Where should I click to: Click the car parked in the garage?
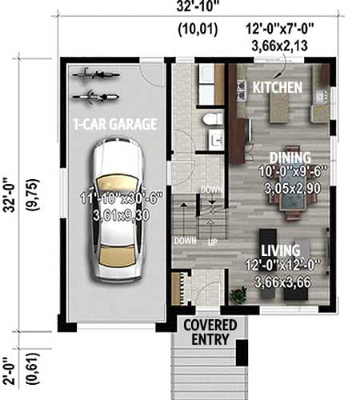pos(116,210)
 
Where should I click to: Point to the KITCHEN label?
pos(277,86)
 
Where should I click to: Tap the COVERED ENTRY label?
pos(210,332)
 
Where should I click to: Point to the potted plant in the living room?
pos(237,294)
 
